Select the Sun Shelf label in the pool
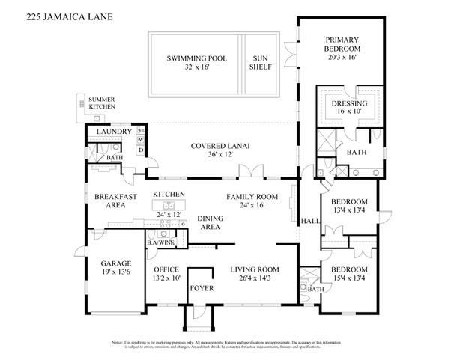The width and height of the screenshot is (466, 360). point(261,63)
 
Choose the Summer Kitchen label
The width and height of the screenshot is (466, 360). point(102,103)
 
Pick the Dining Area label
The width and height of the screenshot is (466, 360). point(209,222)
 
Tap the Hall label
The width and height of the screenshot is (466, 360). point(308,222)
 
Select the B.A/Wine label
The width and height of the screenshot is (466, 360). point(161,242)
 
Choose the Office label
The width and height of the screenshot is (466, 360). point(166,269)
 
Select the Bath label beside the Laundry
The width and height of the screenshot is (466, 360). point(115,158)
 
